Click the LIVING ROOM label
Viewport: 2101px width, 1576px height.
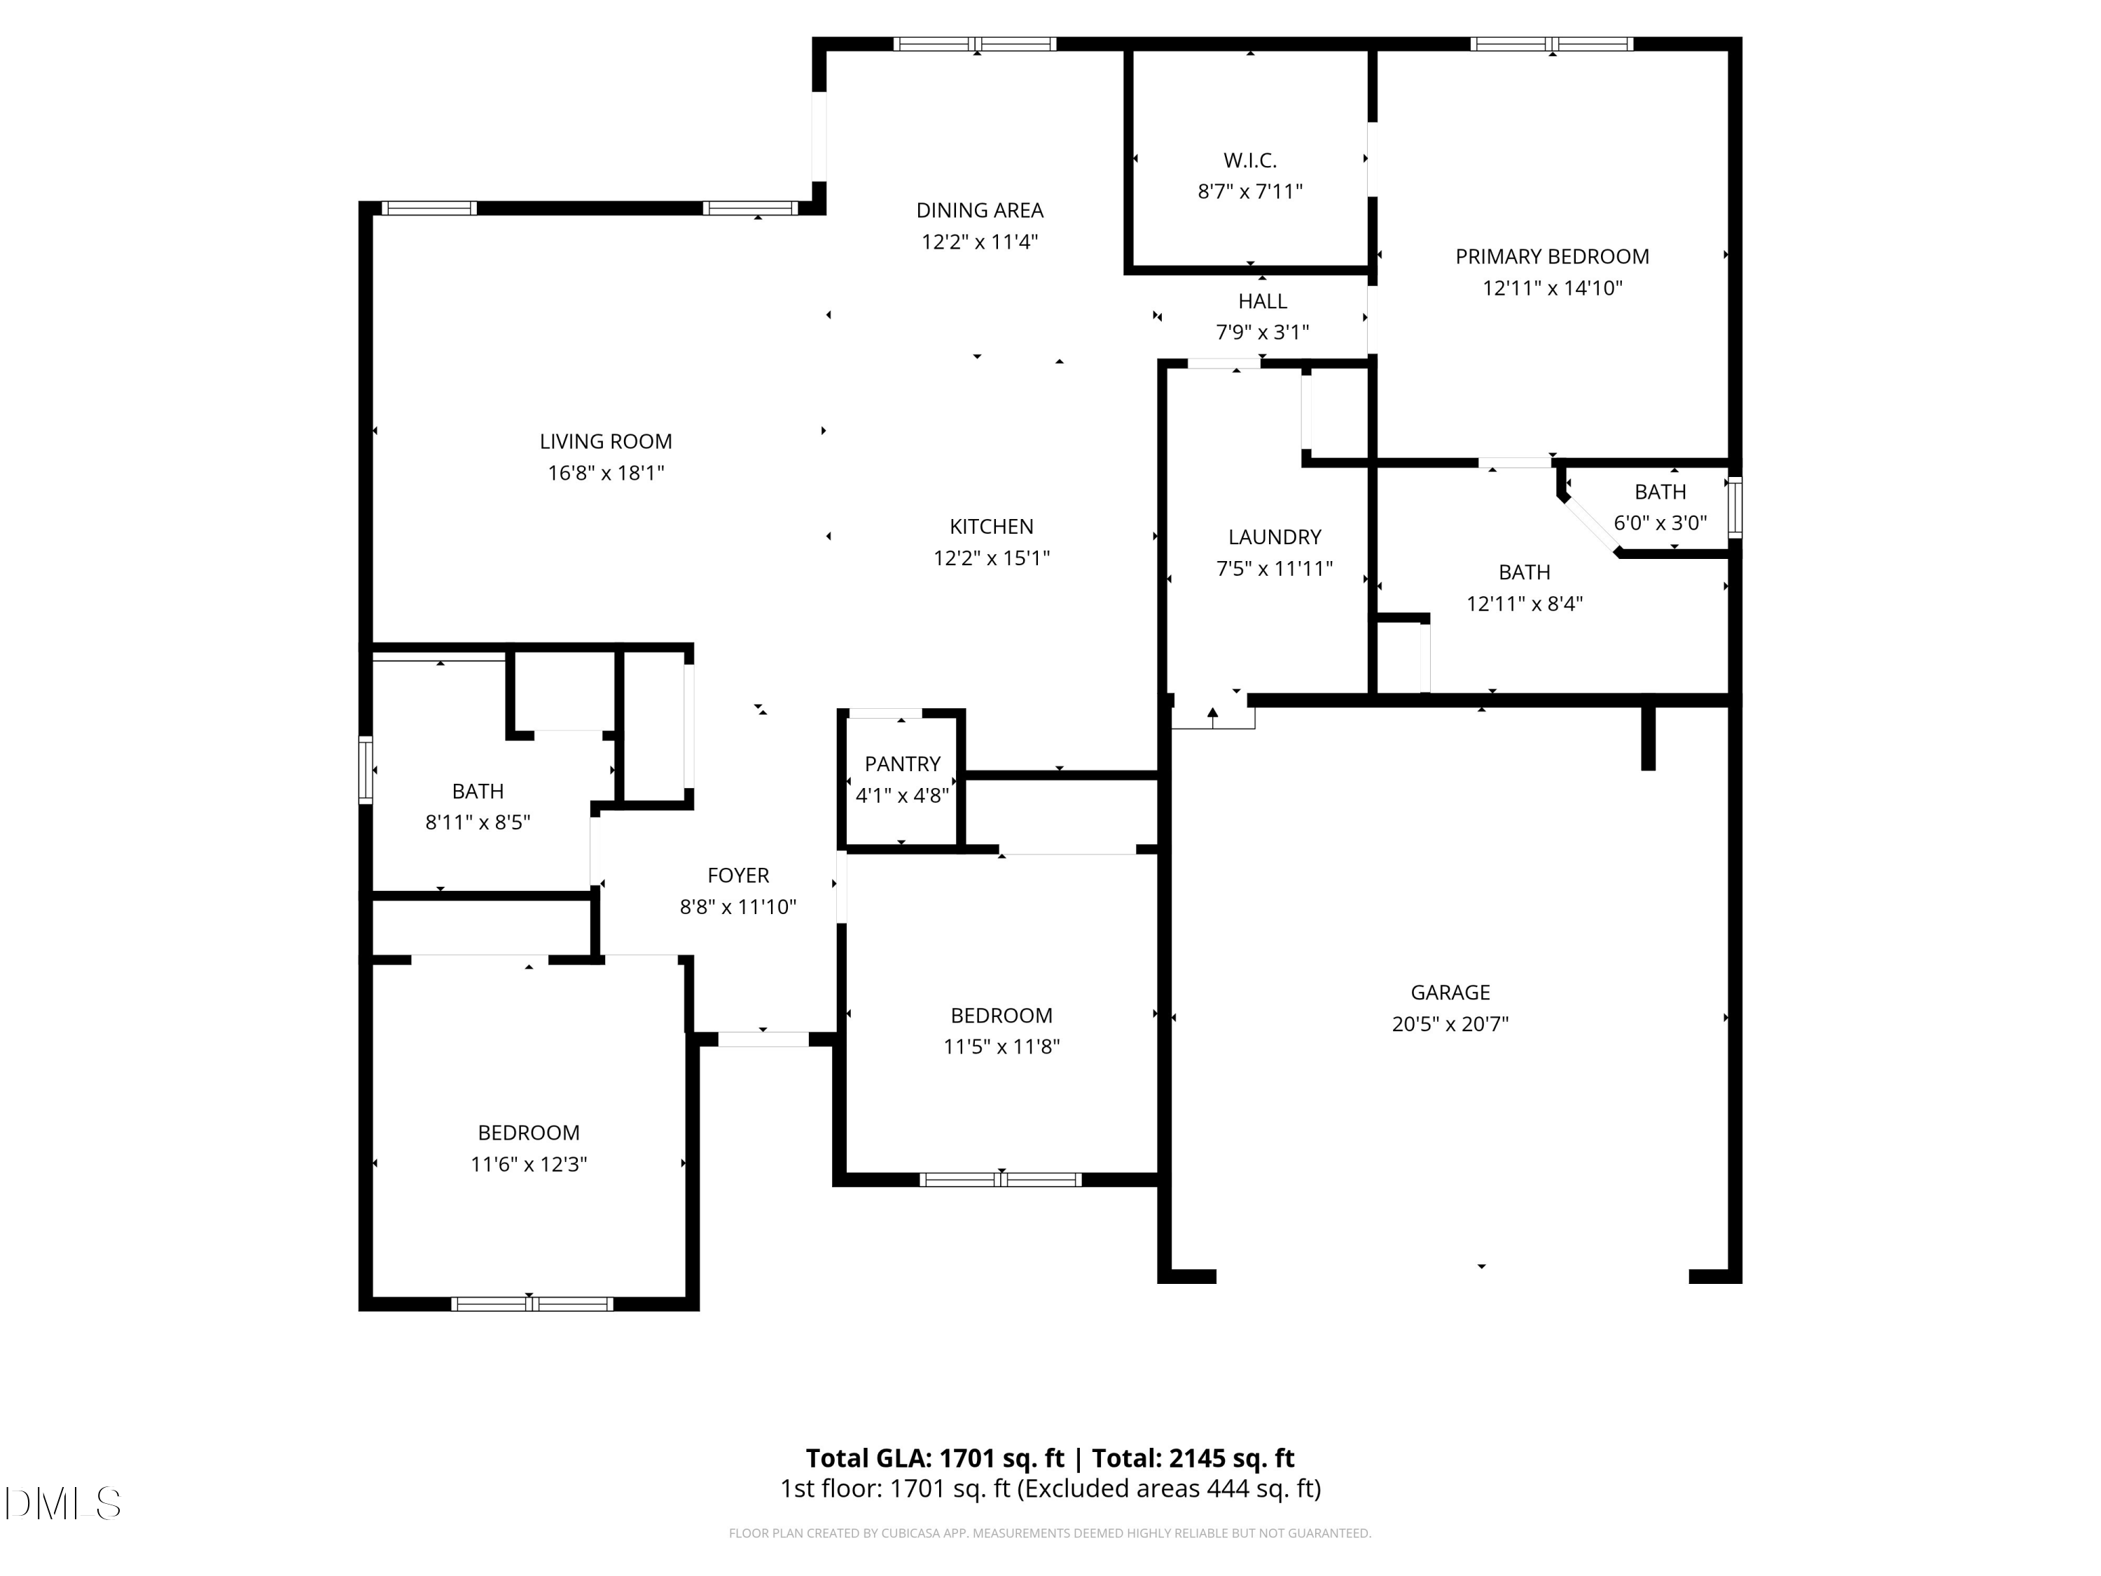(x=606, y=442)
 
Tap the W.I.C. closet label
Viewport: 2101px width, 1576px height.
(x=1250, y=160)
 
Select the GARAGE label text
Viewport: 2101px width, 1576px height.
(x=1450, y=993)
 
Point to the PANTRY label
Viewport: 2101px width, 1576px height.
(x=902, y=763)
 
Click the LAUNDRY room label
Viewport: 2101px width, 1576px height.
(x=1275, y=537)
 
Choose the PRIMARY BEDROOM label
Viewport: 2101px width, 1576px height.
(x=1552, y=256)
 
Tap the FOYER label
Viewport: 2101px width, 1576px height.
(x=738, y=875)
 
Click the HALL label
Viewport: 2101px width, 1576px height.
(x=1262, y=301)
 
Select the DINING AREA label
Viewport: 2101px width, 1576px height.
(x=979, y=210)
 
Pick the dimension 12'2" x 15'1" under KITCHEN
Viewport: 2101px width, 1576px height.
(x=992, y=558)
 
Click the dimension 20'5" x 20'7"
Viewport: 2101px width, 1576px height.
(x=1450, y=1024)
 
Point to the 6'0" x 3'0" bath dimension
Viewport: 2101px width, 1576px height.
(x=1660, y=523)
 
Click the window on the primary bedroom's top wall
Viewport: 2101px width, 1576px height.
(x=1552, y=43)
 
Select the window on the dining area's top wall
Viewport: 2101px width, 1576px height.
(x=976, y=43)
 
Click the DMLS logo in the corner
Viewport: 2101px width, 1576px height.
(x=63, y=1503)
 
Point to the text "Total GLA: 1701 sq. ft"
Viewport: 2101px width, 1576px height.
(x=936, y=1458)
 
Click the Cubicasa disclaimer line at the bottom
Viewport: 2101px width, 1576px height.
(x=1050, y=1533)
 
